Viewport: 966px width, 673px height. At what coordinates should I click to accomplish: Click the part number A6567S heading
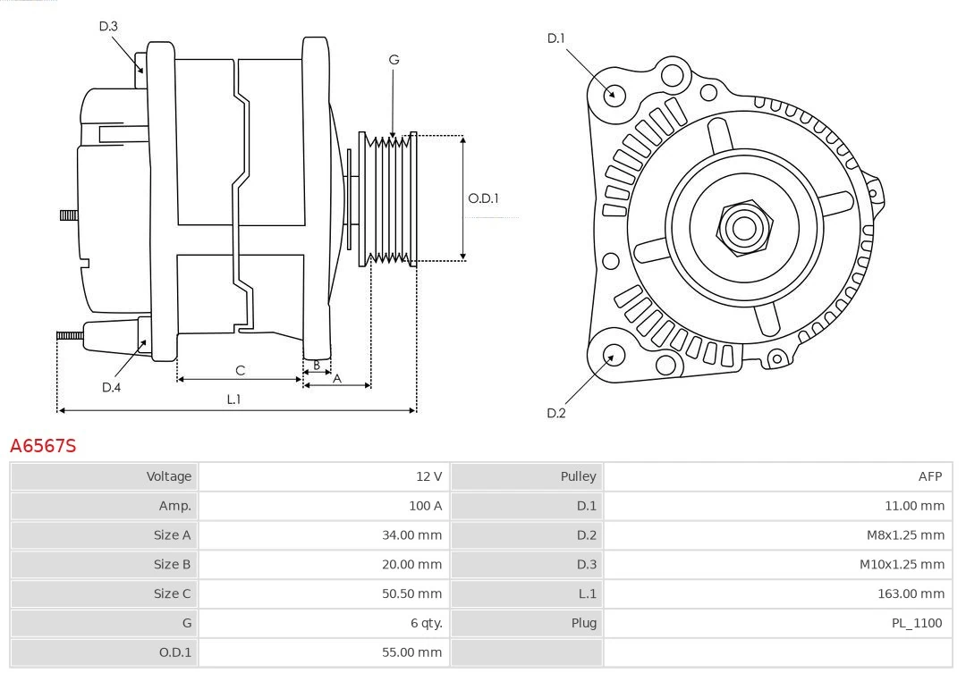pos(43,445)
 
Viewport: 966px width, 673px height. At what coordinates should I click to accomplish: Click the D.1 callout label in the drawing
pos(556,38)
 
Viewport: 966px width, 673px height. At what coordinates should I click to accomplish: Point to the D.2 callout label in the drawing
pos(556,413)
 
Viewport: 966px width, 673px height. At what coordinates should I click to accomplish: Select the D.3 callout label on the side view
pos(108,26)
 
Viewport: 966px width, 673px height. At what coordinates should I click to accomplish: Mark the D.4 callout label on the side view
pos(111,387)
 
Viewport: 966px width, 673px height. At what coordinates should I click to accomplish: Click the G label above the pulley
pos(394,60)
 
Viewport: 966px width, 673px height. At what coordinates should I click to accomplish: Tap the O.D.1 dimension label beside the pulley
pos(483,198)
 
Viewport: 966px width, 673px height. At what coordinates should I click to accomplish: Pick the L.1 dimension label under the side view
pos(233,400)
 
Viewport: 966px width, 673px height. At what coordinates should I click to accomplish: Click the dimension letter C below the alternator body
pos(240,370)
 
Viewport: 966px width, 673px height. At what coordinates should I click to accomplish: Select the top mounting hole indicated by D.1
pos(614,94)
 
